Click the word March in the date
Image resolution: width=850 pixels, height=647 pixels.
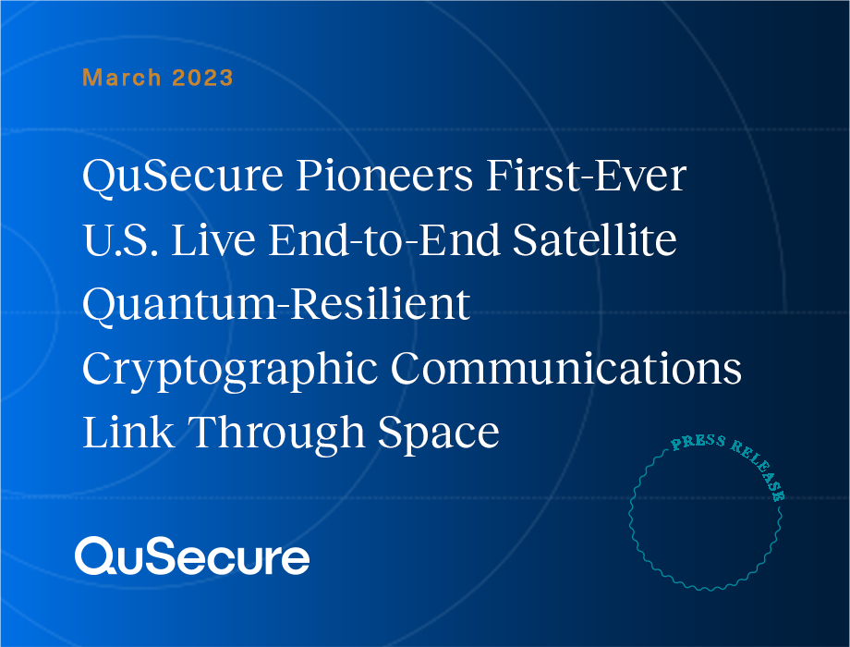point(121,78)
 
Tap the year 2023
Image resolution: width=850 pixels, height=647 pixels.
point(202,78)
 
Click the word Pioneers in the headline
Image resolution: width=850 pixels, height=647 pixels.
point(384,177)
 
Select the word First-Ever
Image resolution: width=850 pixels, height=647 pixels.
point(586,177)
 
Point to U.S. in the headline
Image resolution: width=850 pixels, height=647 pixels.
point(120,239)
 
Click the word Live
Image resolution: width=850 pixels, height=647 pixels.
point(213,239)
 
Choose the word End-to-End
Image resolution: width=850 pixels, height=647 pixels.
point(383,239)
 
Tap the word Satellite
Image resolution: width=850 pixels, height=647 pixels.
point(595,239)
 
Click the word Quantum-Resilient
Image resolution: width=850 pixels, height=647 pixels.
point(276,305)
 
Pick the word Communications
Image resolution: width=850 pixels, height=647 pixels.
point(566,368)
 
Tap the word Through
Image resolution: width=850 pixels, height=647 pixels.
point(276,433)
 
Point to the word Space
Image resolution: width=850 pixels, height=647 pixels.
point(439,433)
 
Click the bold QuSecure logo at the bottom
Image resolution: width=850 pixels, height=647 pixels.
point(192,556)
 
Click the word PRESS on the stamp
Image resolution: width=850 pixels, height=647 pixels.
point(698,442)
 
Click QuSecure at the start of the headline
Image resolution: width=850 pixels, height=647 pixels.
point(183,177)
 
